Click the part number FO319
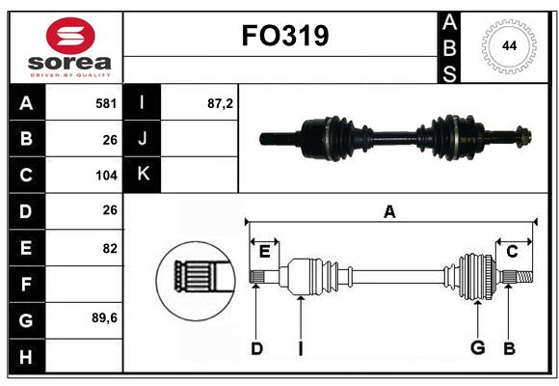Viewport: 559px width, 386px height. pyautogui.click(x=284, y=36)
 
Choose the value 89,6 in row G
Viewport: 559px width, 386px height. pyautogui.click(x=104, y=317)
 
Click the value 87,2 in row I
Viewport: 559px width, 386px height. pyautogui.click(x=221, y=102)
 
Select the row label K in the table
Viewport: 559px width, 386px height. pyautogui.click(x=143, y=175)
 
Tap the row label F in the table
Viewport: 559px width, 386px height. pyautogui.click(x=26, y=285)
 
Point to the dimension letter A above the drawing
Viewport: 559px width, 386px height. pyautogui.click(x=389, y=212)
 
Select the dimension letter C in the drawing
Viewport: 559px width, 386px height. pyautogui.click(x=512, y=251)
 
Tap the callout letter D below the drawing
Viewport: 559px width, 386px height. pyautogui.click(x=256, y=348)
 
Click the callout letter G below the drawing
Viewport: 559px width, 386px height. pyautogui.click(x=477, y=348)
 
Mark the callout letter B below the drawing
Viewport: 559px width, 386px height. pyautogui.click(x=510, y=348)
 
